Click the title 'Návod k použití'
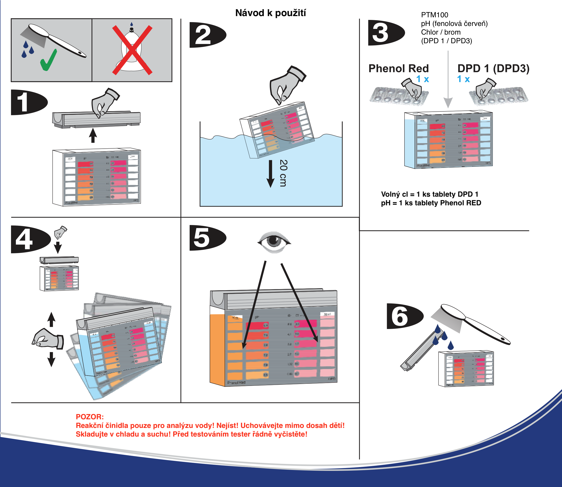coord(270,13)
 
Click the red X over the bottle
coord(132,50)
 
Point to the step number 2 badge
coord(207,35)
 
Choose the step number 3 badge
coord(385,33)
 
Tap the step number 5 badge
coord(207,238)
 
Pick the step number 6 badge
coord(404,316)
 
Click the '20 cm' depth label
coord(283,173)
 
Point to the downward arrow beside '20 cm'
coord(270,174)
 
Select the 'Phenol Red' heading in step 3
coord(399,68)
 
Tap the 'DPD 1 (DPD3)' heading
coord(493,68)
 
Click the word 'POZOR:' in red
coord(89,417)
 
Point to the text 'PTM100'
coord(434,15)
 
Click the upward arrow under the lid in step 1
coord(93,136)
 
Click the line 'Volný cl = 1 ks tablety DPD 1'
coord(430,194)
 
